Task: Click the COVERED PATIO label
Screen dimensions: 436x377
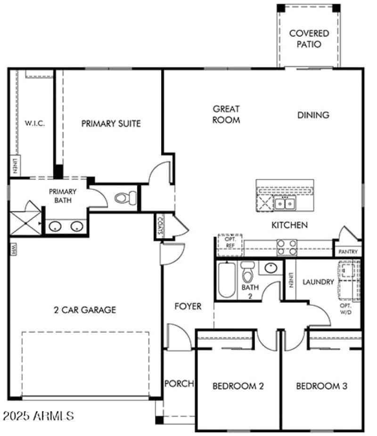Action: click(309, 39)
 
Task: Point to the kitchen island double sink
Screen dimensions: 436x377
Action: click(285, 203)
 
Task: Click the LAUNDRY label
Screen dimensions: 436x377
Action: click(318, 282)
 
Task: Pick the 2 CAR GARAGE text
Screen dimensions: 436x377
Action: click(85, 310)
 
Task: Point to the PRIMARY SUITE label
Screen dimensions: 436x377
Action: click(111, 124)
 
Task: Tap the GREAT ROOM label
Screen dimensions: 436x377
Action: click(226, 114)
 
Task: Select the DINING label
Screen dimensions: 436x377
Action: click(313, 115)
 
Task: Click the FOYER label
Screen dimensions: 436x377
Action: click(188, 307)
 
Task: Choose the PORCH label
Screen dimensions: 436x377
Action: click(179, 384)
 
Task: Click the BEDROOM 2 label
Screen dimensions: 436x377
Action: click(238, 387)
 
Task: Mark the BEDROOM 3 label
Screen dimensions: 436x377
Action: click(322, 387)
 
